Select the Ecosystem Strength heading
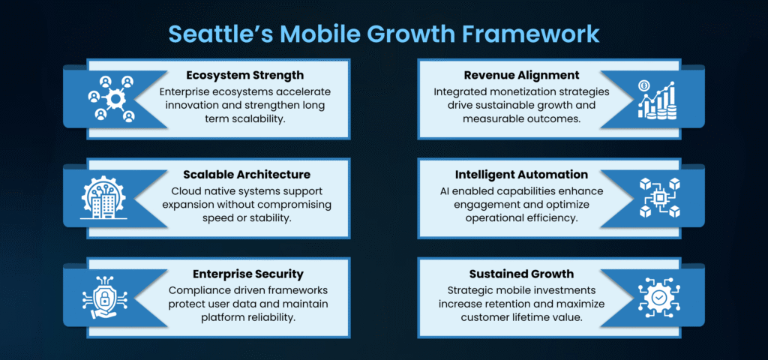tap(245, 76)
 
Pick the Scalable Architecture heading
tap(247, 174)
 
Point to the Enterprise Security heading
tap(247, 273)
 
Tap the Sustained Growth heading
tap(521, 273)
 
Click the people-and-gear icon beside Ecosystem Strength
tap(112, 98)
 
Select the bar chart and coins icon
tap(657, 100)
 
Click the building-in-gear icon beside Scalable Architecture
tap(103, 197)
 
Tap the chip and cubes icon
tap(659, 198)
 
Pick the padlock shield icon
tap(103, 297)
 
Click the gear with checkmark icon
tap(659, 297)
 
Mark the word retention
tap(499, 304)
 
